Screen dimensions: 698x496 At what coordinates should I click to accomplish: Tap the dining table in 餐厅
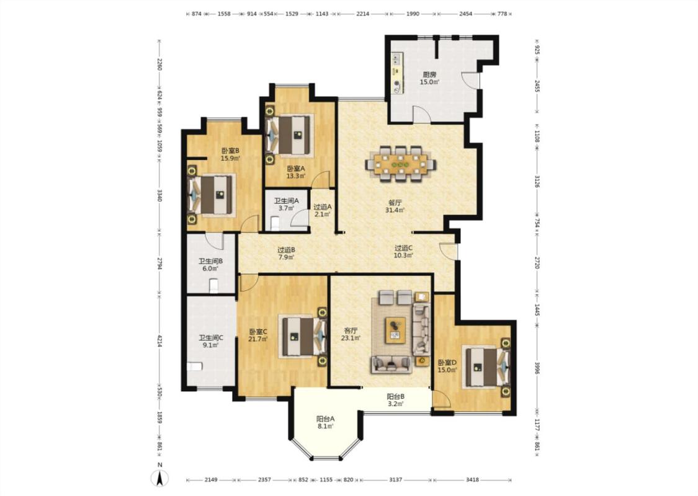pos(401,163)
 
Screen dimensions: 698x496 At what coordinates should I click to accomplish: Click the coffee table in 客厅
pos(395,330)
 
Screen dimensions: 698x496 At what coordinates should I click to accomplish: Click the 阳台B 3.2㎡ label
pos(395,400)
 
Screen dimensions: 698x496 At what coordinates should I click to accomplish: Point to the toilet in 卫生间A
pos(274,223)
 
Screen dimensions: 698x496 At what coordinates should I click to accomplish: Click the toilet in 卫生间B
pos(213,285)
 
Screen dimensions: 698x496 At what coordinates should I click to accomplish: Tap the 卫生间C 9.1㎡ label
pos(211,341)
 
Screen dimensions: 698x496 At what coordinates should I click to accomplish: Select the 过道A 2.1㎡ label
pos(323,210)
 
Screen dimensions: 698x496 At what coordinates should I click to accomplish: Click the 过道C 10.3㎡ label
pos(404,251)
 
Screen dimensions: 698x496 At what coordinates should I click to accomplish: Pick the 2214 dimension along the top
pos(363,14)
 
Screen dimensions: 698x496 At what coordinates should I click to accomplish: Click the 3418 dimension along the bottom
pos(472,479)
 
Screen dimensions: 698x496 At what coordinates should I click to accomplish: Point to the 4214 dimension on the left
pos(159,341)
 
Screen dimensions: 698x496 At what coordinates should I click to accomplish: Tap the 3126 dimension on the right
pos(537,182)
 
